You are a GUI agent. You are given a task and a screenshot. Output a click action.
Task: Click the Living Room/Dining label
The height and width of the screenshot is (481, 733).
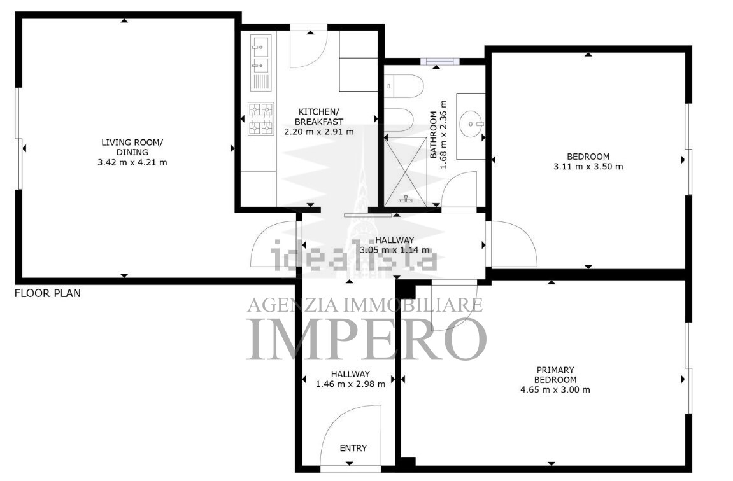click(132, 147)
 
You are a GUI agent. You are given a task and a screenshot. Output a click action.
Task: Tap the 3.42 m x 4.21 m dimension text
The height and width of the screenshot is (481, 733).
click(132, 163)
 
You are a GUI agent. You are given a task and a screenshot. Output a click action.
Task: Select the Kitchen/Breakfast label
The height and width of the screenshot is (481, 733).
click(319, 116)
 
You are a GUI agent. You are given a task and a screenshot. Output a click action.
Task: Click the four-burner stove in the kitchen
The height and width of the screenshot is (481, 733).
click(261, 119)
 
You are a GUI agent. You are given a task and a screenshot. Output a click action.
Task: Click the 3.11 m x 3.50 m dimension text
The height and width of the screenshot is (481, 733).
click(588, 166)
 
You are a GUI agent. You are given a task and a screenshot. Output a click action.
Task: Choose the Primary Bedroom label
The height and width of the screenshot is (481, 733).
click(555, 375)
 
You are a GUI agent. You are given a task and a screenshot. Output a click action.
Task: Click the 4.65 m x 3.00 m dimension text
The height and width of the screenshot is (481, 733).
click(555, 390)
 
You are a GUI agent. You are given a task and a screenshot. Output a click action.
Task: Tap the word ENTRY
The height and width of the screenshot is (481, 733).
click(353, 449)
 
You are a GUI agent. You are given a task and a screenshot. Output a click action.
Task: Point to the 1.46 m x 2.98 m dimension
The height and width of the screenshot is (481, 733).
click(351, 384)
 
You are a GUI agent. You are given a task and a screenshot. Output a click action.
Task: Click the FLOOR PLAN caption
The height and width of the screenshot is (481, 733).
click(48, 294)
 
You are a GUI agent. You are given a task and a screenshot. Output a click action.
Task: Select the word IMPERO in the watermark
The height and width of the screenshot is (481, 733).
click(367, 339)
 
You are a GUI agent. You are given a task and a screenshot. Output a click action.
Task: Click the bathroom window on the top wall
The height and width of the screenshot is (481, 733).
click(439, 61)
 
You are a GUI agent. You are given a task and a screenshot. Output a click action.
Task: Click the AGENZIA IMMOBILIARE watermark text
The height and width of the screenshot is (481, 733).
click(365, 305)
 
